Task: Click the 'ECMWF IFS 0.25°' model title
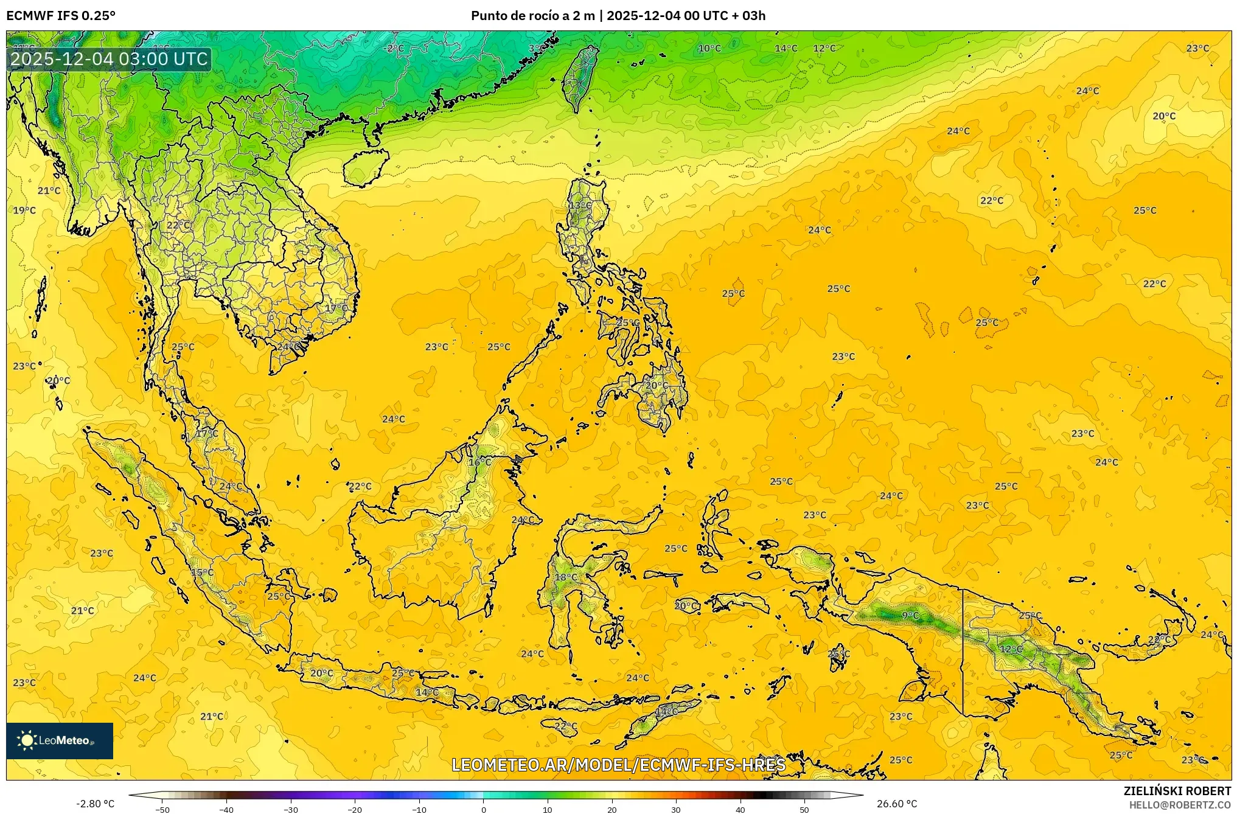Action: point(61,16)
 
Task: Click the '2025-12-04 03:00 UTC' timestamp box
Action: point(110,59)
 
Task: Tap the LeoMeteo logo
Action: point(60,740)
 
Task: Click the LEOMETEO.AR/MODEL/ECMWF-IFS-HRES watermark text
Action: point(618,765)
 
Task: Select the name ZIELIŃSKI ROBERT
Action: point(1177,791)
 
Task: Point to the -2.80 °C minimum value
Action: point(95,804)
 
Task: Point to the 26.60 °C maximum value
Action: point(896,804)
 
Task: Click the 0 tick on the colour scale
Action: point(483,810)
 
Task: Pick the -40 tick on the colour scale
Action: point(226,810)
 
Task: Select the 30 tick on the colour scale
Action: point(676,810)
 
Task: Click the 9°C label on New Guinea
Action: point(910,616)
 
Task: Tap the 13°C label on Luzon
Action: point(580,206)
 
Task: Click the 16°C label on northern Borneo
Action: point(480,462)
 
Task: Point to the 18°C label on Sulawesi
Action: point(566,577)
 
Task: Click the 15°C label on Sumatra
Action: point(203,572)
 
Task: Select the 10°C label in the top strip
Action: point(709,49)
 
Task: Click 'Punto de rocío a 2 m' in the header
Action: point(532,16)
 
